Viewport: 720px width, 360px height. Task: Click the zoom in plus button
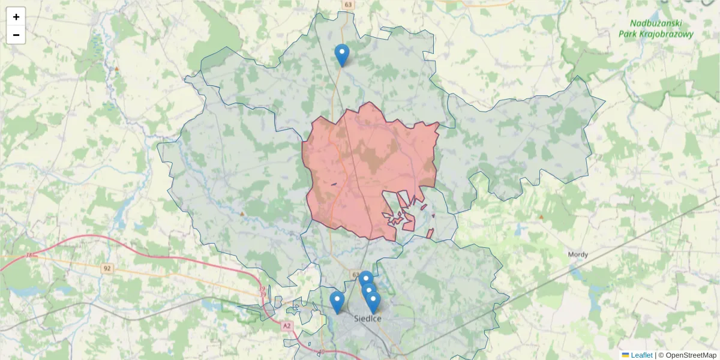(16, 17)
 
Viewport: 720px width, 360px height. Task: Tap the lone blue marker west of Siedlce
(337, 302)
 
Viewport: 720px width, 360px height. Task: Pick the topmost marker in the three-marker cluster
(365, 281)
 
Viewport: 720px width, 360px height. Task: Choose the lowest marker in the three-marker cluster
(373, 302)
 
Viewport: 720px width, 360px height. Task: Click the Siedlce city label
(367, 319)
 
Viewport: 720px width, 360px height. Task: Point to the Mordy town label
(578, 254)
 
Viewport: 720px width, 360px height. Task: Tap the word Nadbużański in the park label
(656, 23)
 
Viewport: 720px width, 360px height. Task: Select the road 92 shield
(107, 268)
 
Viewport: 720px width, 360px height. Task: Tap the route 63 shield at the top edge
(349, 4)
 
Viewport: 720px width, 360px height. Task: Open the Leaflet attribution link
(641, 355)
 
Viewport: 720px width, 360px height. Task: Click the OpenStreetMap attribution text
(691, 355)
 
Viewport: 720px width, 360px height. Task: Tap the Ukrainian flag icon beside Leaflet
(625, 355)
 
